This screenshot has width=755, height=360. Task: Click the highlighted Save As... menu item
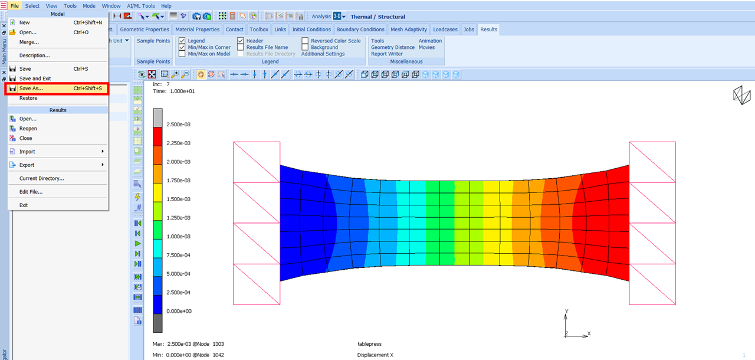point(57,89)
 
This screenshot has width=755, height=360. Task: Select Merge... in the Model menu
point(29,42)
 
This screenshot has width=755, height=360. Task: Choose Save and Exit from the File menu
point(35,78)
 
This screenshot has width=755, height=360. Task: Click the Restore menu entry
point(28,98)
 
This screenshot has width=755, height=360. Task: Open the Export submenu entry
point(27,165)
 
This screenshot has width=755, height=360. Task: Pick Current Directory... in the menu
point(41,178)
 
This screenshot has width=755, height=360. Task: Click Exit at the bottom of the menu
point(24,205)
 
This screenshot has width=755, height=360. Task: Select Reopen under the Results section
point(28,129)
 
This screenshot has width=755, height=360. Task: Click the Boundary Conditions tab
point(360,30)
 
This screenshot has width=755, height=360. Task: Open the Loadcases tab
point(445,30)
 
